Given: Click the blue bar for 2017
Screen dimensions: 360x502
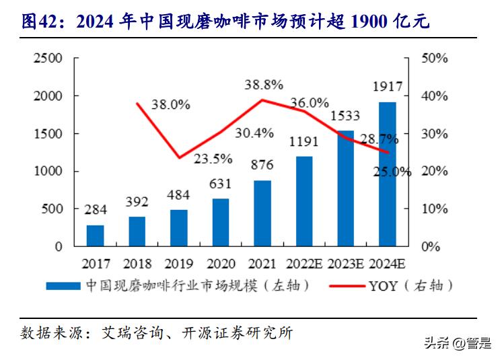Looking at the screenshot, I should pyautogui.click(x=96, y=236).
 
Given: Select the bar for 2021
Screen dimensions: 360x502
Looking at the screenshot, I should pyautogui.click(x=262, y=213).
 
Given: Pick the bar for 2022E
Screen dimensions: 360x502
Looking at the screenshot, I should pyautogui.click(x=304, y=201).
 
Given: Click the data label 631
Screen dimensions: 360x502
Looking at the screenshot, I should pyautogui.click(x=220, y=184).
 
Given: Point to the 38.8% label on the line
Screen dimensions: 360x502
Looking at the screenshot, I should pyautogui.click(x=263, y=85).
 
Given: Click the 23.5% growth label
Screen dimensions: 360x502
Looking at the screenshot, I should pyautogui.click(x=213, y=159).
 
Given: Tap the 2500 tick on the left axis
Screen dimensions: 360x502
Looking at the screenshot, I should pyautogui.click(x=49, y=59).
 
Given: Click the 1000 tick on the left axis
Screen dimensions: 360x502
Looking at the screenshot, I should pyautogui.click(x=49, y=172).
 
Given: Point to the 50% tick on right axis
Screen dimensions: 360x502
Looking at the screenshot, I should pyautogui.click(x=434, y=59).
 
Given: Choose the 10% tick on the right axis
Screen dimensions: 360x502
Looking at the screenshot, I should pyautogui.click(x=434, y=209).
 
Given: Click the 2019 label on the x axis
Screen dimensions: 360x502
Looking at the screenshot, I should pyautogui.click(x=178, y=263).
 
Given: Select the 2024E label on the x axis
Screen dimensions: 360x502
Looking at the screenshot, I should pyautogui.click(x=388, y=263).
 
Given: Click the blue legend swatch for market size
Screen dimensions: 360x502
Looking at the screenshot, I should pyautogui.click(x=64, y=286).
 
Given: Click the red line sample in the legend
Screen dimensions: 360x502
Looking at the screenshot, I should pyautogui.click(x=347, y=286).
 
